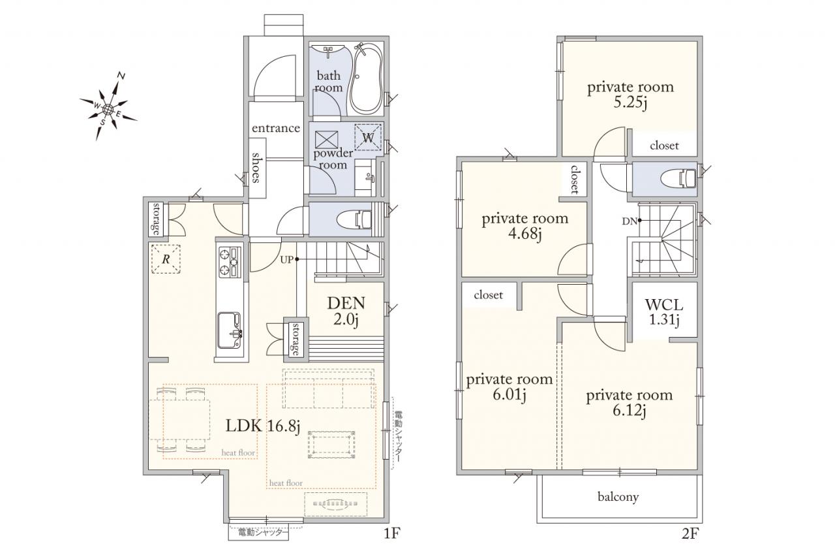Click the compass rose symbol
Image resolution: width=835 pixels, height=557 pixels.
click(108, 108)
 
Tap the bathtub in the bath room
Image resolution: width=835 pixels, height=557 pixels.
click(367, 79)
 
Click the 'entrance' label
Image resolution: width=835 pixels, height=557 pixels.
click(276, 128)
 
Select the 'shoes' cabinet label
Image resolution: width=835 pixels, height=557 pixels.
click(256, 168)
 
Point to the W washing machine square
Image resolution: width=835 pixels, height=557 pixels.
click(368, 137)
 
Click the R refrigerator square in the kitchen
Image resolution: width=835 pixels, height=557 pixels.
click(166, 259)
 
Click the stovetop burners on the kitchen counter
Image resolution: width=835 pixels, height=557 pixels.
click(230, 262)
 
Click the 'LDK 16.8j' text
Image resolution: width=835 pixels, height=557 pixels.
click(263, 426)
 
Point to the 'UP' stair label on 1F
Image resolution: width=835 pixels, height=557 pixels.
click(286, 260)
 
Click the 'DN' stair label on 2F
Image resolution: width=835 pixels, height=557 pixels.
click(630, 221)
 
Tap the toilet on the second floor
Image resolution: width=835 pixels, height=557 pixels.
click(678, 179)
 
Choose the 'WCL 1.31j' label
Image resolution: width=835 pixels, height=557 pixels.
click(664, 312)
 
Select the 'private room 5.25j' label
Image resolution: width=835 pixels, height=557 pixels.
click(630, 95)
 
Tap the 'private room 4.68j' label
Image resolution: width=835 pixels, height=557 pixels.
click(525, 226)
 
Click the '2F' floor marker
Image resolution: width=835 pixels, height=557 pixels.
click(690, 534)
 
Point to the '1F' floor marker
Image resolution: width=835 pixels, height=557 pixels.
click(392, 534)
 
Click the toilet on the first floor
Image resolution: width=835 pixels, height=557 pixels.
click(354, 219)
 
